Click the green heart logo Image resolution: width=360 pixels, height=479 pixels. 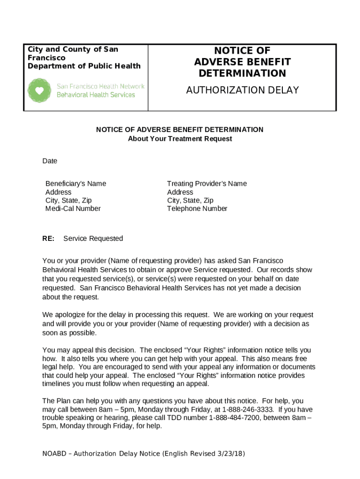pos(40,90)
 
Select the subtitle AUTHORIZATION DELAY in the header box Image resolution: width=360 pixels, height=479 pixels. pos(242,90)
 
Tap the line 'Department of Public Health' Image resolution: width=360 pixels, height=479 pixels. pos(84,66)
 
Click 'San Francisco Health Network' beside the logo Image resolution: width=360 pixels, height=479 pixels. pos(101,86)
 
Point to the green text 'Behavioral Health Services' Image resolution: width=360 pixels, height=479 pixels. pos(96,94)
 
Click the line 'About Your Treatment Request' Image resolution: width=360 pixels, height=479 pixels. pos(180,139)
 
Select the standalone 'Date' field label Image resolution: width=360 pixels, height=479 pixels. pos(50,161)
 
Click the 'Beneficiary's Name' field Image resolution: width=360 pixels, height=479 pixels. pos(75,183)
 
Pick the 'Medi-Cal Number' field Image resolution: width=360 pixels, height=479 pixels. pos(72,209)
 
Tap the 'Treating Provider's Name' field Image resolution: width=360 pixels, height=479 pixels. pos(207,183)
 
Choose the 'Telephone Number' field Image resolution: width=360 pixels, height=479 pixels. pos(197,209)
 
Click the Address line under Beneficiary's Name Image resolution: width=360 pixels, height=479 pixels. pos(58,192)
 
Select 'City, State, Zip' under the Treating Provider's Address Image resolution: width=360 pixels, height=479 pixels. pos(190,201)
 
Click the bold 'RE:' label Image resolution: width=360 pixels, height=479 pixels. pos(48,239)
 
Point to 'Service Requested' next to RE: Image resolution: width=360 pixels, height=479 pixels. pos(93,239)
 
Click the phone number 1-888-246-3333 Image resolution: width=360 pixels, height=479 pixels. pos(262,409)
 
